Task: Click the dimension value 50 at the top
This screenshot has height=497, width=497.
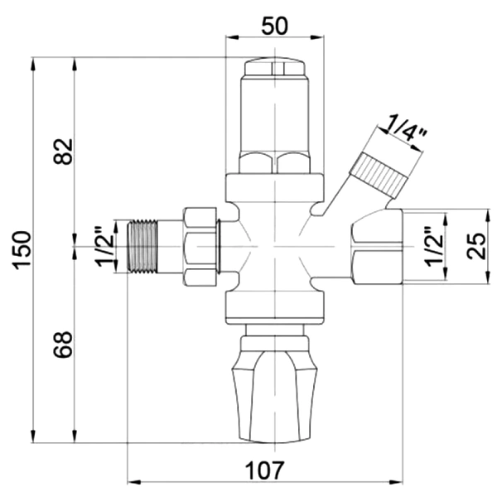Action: [x=274, y=26]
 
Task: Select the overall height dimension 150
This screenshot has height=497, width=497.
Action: [x=22, y=250]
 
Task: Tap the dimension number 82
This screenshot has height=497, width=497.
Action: [x=63, y=152]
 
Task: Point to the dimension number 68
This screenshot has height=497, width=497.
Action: [x=63, y=345]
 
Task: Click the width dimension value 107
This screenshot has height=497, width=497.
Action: [x=265, y=470]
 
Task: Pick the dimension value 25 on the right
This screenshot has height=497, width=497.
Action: [x=476, y=246]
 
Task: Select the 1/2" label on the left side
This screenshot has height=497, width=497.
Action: [x=104, y=246]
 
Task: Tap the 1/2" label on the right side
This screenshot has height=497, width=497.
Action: [x=434, y=246]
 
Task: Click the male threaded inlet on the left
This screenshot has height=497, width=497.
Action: [x=142, y=246]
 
